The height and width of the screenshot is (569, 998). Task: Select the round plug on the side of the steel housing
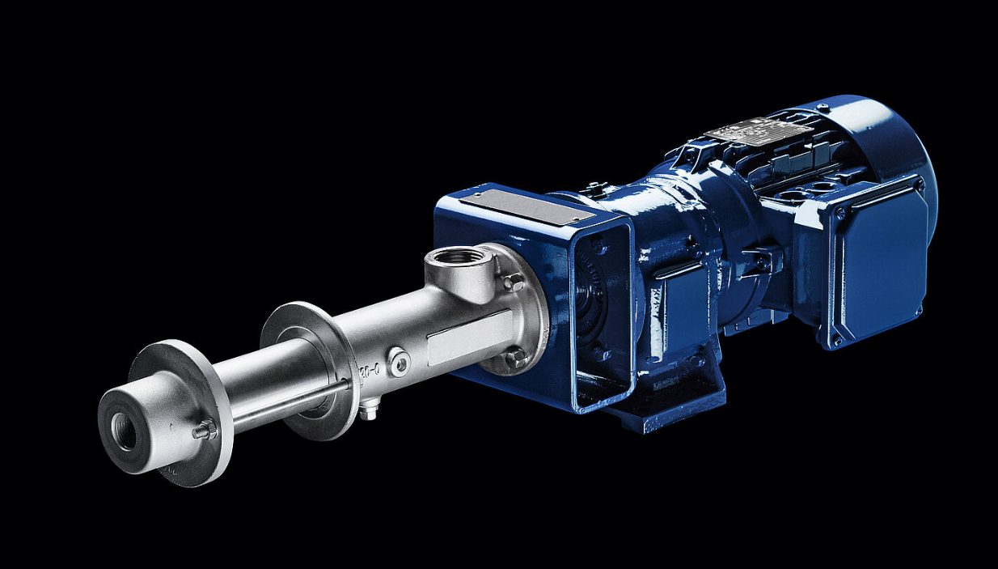[x=399, y=362]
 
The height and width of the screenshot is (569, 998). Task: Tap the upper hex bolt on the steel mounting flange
[x=514, y=281]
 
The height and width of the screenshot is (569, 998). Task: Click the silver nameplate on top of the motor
[x=758, y=129]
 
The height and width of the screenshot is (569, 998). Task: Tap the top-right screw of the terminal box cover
[x=920, y=185]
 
